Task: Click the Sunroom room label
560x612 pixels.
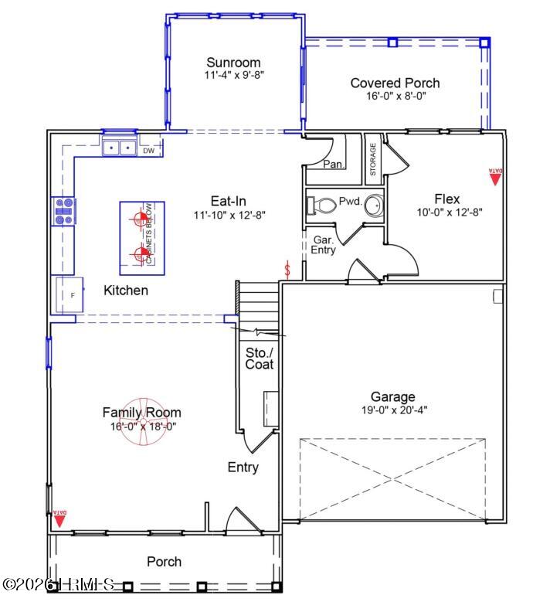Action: click(x=232, y=63)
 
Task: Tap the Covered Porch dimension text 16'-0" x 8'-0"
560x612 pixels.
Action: click(x=396, y=97)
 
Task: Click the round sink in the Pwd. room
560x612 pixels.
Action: click(x=374, y=206)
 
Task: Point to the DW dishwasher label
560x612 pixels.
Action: click(x=149, y=151)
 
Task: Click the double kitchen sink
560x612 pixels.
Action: click(x=120, y=147)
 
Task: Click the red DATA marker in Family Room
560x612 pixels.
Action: click(x=59, y=518)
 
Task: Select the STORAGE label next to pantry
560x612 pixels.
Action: click(x=372, y=158)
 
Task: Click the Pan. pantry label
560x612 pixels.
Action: click(x=334, y=164)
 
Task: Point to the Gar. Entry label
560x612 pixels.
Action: click(x=324, y=245)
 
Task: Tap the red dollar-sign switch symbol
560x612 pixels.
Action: click(x=288, y=270)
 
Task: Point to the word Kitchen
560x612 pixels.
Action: click(x=126, y=291)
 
